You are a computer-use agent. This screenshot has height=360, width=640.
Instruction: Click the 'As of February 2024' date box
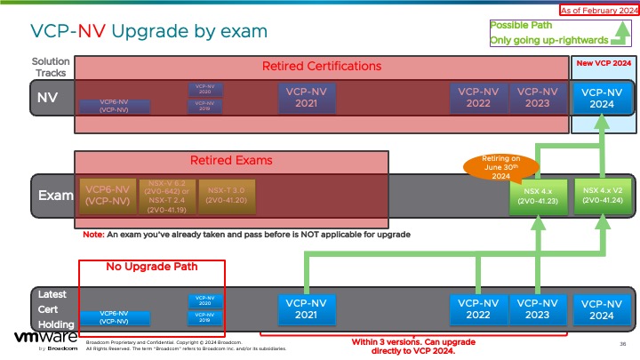(597, 10)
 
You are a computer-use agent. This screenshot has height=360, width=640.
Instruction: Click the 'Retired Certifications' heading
(322, 67)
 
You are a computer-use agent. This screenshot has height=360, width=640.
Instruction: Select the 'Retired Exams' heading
(231, 161)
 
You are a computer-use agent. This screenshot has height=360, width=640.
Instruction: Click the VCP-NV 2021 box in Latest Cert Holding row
(307, 308)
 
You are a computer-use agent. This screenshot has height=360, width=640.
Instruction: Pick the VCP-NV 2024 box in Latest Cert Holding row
(602, 308)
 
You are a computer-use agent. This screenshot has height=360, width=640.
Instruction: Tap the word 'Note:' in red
(92, 235)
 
